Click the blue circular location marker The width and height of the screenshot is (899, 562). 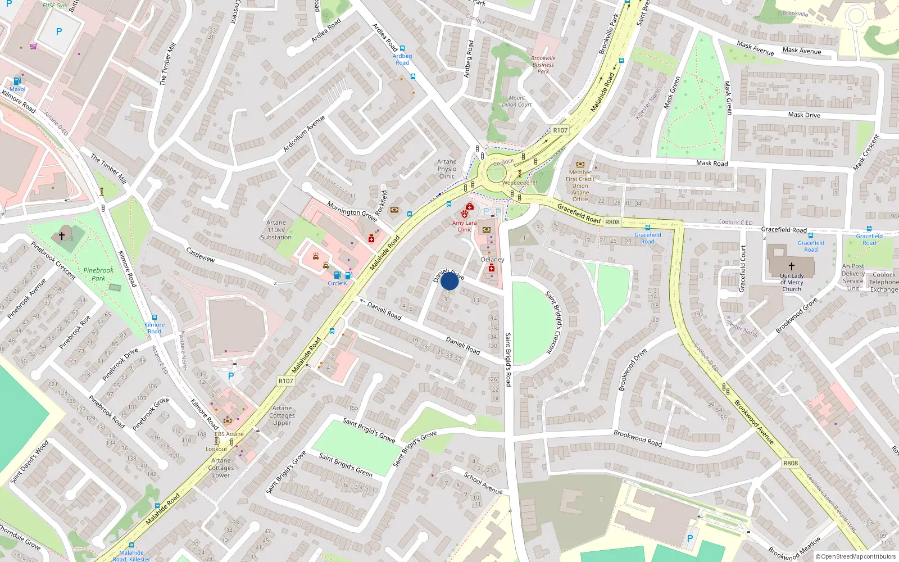449,281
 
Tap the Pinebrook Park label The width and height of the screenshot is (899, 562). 98,274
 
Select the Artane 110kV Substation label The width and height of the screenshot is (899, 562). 276,230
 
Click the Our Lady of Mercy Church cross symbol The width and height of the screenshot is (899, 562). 791,266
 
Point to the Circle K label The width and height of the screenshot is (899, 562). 337,283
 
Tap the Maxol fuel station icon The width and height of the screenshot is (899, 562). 17,81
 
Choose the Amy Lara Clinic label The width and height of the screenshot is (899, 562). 465,226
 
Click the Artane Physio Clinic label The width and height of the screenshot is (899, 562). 447,169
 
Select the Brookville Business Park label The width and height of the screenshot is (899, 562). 543,65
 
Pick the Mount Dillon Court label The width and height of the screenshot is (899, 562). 517,101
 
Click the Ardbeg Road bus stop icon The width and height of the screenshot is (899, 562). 402,49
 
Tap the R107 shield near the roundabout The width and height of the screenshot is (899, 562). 560,130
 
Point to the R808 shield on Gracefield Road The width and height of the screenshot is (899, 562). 612,222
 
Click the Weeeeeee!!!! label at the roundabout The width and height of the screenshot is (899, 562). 519,183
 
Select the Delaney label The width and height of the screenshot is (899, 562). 493,260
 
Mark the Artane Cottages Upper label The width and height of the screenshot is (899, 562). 282,415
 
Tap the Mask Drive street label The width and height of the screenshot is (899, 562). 804,115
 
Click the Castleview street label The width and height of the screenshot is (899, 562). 201,255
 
